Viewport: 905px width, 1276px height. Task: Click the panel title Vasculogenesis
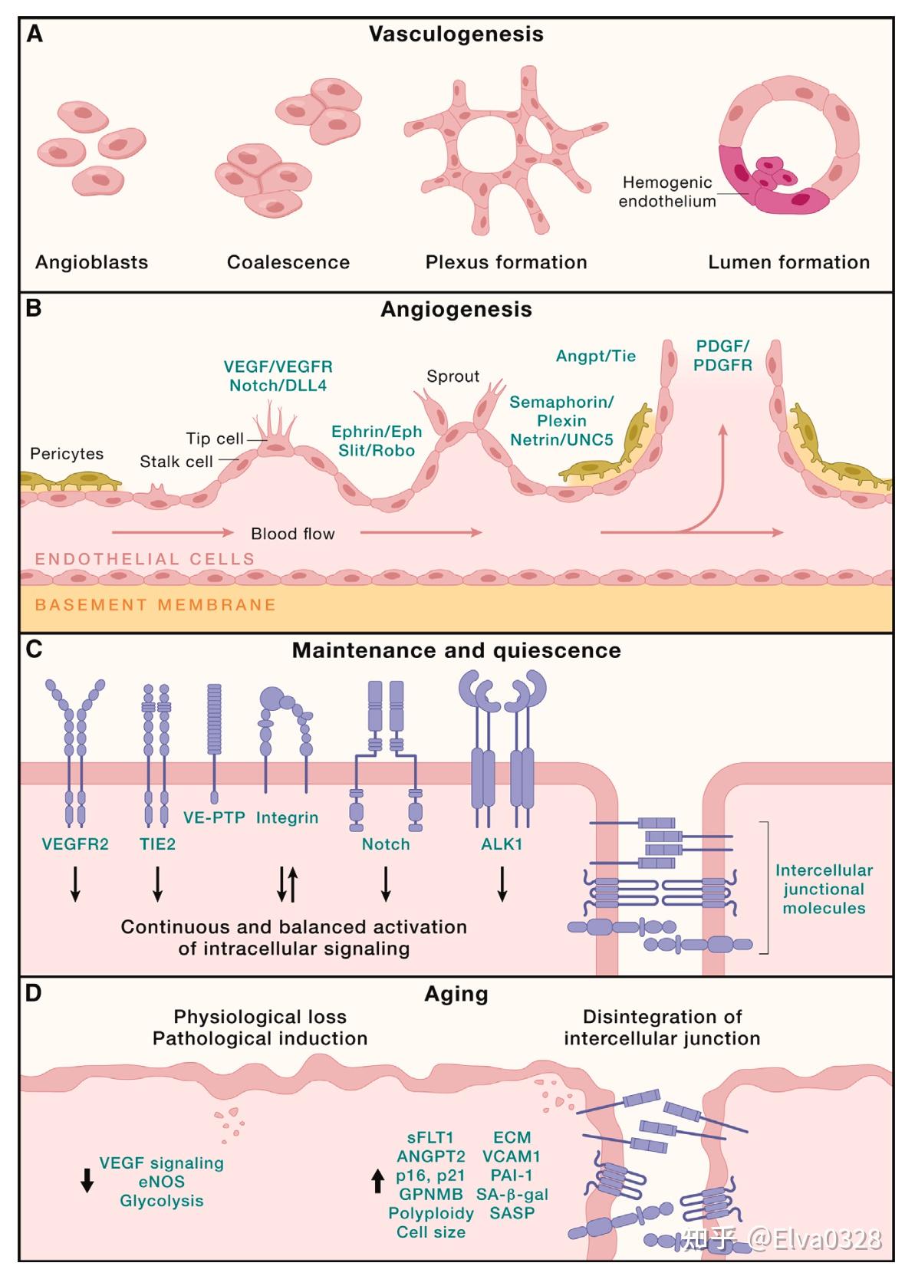click(456, 35)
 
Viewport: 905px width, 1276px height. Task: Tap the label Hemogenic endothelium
click(667, 192)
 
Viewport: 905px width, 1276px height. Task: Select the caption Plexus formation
click(506, 262)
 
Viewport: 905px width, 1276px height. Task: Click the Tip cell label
click(215, 439)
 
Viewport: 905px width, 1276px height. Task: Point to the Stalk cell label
click(176, 462)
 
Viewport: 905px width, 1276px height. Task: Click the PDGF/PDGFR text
click(722, 356)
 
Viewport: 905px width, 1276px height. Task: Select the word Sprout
click(453, 377)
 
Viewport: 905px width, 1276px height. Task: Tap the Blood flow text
click(293, 534)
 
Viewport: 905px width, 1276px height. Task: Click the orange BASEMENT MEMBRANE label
click(156, 604)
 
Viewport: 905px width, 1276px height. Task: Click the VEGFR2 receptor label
click(75, 844)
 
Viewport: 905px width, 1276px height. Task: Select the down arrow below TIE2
click(158, 883)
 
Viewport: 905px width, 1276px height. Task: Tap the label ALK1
click(502, 844)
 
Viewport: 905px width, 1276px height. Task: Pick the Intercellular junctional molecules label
click(824, 889)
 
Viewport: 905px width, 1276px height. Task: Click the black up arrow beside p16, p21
click(377, 1181)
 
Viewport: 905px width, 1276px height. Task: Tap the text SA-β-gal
click(512, 1195)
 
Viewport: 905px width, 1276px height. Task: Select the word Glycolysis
click(161, 1201)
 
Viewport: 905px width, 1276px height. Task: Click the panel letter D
click(34, 993)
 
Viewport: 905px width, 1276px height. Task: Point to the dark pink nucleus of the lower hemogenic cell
click(802, 199)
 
